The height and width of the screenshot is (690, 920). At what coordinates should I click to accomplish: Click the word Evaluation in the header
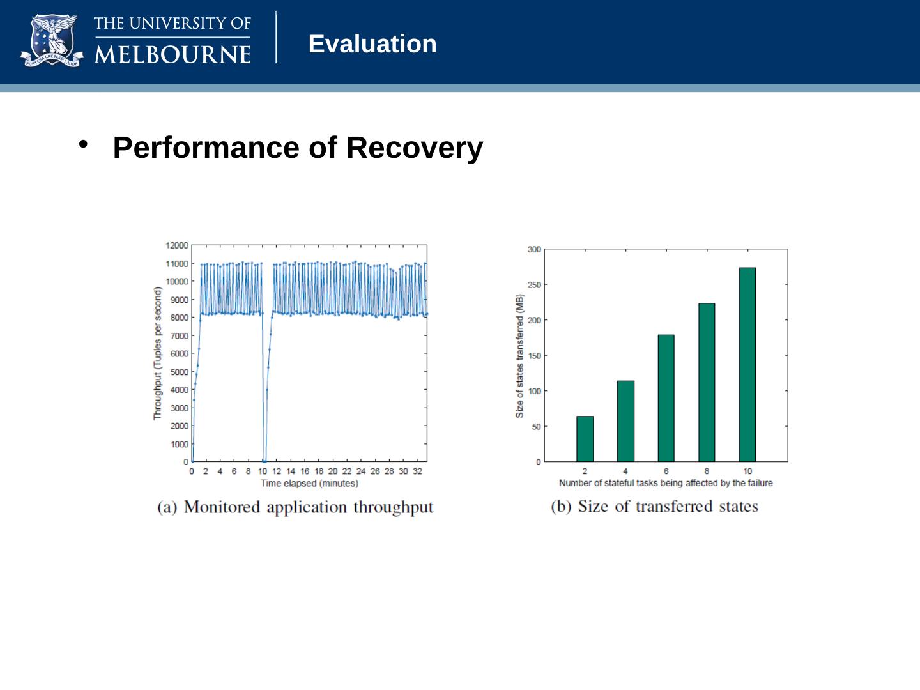(x=372, y=44)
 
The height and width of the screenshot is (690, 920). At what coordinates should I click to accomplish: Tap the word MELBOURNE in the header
(x=172, y=54)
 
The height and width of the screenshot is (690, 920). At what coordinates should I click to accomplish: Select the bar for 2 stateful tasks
(x=585, y=439)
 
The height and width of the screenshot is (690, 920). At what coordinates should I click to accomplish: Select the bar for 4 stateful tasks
(x=625, y=421)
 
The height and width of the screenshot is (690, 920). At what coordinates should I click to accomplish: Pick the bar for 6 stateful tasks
(x=666, y=398)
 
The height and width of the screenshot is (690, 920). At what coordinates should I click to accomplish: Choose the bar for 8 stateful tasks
(x=707, y=382)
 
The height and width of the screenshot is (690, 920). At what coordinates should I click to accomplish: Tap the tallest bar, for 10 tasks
(x=747, y=364)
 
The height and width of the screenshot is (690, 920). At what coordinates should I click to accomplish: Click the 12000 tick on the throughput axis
(x=177, y=245)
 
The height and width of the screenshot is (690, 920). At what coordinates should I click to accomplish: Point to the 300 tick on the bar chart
(x=534, y=249)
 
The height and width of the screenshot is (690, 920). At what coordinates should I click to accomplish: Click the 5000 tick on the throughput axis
(x=179, y=372)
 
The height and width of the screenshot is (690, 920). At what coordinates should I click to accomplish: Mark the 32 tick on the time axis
(x=417, y=471)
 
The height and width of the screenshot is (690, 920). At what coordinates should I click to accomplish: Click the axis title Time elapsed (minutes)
(x=309, y=483)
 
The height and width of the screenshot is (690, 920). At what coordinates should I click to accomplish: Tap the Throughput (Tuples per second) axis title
(x=157, y=353)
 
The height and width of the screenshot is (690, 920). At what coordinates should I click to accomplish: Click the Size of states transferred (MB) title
(x=520, y=356)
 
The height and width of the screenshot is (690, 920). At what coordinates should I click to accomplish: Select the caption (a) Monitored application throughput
(x=295, y=507)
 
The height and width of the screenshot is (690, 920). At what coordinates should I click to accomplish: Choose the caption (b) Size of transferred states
(x=655, y=507)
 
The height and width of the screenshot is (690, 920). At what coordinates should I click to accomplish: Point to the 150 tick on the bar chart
(x=534, y=355)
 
